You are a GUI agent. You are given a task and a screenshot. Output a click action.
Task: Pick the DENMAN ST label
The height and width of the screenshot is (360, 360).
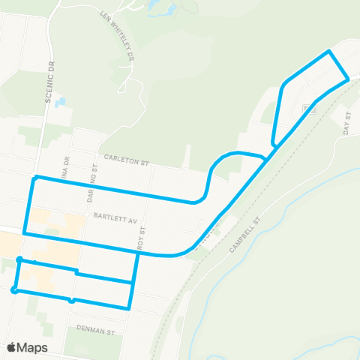point(97,329)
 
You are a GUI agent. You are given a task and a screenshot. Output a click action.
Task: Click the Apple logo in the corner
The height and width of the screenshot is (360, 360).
point(13,347)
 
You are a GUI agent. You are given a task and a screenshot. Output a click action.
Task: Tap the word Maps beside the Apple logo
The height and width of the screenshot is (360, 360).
point(34,347)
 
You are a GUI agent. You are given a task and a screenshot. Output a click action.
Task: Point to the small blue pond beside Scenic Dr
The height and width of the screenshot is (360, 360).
point(60,101)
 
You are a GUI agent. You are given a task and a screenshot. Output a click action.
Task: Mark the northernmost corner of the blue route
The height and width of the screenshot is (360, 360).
point(328,51)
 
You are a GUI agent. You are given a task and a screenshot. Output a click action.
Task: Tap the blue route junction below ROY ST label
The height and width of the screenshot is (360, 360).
point(137,254)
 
